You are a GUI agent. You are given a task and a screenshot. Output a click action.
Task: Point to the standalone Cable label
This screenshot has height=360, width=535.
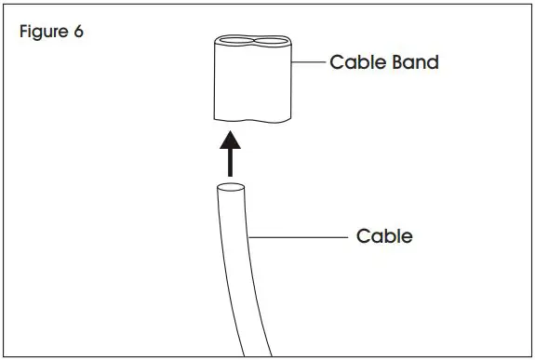pos(384,236)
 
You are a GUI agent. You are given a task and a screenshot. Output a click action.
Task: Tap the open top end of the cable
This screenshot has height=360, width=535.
pos(232,189)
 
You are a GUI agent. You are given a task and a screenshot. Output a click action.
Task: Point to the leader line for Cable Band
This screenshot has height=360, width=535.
pos(309,64)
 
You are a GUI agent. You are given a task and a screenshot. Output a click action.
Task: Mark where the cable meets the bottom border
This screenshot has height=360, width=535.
pos(257,353)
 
